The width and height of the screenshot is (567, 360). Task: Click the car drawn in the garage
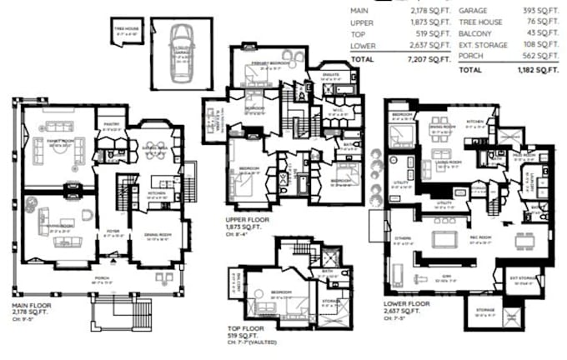point(181,53)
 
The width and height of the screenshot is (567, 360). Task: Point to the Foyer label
point(114,234)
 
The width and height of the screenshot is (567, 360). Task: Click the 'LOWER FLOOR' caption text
point(406,305)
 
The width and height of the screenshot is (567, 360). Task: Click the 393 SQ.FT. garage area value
point(544,10)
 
